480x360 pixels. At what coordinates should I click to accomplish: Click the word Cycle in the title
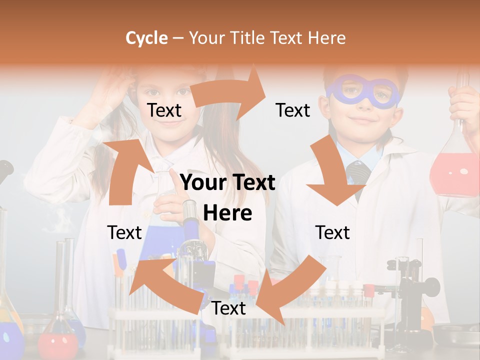click(146, 38)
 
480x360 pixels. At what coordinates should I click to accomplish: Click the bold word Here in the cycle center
click(227, 213)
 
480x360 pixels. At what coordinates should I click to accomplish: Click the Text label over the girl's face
click(164, 110)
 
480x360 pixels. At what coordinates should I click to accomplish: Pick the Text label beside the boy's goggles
click(293, 110)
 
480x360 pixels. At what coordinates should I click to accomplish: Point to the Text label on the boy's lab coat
click(332, 232)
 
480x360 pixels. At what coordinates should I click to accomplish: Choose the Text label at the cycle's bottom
click(228, 308)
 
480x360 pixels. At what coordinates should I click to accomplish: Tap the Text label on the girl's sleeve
click(124, 232)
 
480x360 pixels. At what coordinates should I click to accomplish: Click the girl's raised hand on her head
click(107, 90)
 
